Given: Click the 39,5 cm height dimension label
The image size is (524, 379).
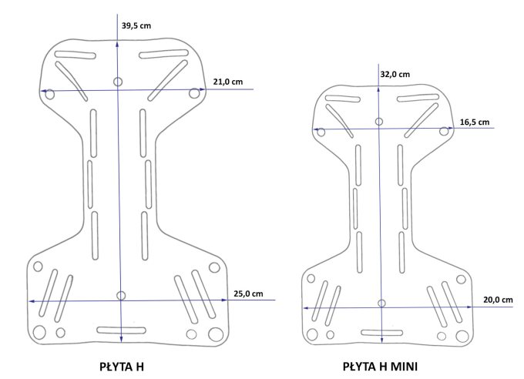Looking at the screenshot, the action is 136,25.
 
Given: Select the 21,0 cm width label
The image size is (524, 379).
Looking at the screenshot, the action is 228,82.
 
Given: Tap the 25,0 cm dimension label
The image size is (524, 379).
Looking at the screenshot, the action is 248,293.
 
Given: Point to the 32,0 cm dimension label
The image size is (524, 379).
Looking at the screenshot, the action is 395,74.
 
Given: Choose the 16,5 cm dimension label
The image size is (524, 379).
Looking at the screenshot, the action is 475,122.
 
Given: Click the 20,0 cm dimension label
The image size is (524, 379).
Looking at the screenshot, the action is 498,300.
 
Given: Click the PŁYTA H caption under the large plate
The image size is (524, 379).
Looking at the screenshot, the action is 122,367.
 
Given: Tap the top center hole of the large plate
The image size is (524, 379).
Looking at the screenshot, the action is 118,82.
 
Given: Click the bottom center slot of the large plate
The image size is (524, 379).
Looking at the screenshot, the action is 121,330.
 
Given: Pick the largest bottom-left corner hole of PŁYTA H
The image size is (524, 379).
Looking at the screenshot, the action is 39,332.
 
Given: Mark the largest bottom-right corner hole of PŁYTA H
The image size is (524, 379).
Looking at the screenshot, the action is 216,334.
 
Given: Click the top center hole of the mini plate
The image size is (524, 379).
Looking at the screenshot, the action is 378,121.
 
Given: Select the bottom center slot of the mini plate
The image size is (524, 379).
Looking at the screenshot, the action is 382,333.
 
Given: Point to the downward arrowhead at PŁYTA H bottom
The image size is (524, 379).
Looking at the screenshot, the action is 121,340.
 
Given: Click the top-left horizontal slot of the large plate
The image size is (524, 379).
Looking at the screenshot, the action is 76,55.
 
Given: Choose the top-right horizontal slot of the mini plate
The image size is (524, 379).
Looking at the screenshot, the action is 418,99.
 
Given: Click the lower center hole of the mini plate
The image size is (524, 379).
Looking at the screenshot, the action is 381,304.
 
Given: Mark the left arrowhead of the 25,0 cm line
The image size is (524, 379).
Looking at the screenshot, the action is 32,301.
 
